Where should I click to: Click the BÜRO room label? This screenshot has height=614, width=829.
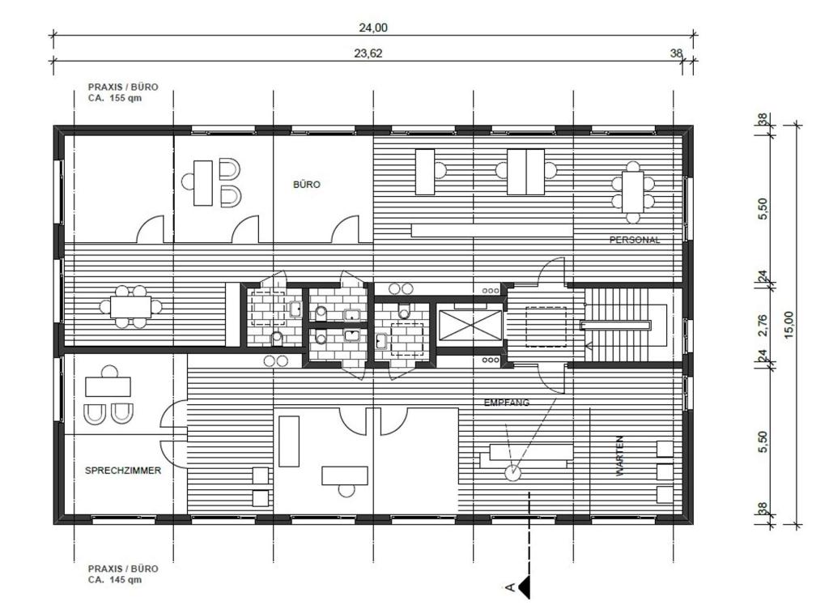pos(306,185)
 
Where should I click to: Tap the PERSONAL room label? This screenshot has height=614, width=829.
pos(635,240)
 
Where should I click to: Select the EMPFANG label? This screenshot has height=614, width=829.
pos(507,403)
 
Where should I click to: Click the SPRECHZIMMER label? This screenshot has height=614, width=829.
pos(123,471)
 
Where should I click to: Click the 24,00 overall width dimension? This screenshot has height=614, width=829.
pos(372,28)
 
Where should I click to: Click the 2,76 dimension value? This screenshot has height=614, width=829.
pos(763,325)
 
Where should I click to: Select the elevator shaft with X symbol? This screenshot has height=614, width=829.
pos(470,325)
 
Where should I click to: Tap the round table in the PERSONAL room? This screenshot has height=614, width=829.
pos(633,192)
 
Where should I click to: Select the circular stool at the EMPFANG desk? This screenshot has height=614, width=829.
pos(512,472)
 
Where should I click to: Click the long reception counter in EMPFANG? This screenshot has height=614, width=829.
pos(526,454)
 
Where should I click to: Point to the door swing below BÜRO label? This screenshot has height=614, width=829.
pos(345,229)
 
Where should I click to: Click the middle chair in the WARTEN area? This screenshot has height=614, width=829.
pos(665,471)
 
